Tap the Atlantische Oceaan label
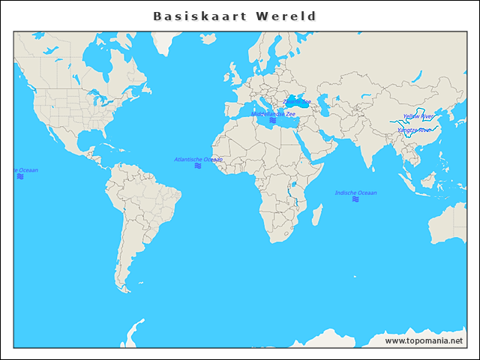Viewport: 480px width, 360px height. click(x=198, y=160)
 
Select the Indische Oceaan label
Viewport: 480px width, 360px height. click(x=355, y=193)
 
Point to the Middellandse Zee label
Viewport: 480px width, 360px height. click(x=273, y=114)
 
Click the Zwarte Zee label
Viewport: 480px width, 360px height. click(x=298, y=100)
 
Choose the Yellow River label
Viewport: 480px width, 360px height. click(x=418, y=117)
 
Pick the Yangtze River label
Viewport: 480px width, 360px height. click(x=415, y=130)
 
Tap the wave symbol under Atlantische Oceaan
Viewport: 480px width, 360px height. click(x=198, y=166)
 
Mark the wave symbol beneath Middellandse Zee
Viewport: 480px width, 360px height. click(x=272, y=120)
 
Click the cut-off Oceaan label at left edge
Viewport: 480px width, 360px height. click(x=26, y=170)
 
